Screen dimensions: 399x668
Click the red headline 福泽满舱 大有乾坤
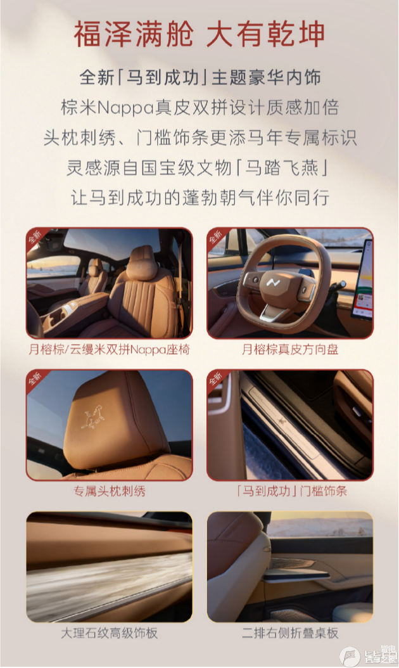[x=199, y=34]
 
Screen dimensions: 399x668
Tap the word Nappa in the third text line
[x=125, y=108]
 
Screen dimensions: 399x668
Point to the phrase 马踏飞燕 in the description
[x=281, y=167]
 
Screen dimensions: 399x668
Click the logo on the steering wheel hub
[x=272, y=283]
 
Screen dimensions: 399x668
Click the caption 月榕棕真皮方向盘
[x=290, y=349]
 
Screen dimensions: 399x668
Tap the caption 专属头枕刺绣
[x=110, y=491]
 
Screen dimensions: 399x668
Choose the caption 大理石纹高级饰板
[x=110, y=633]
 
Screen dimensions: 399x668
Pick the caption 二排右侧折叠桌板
[x=290, y=633]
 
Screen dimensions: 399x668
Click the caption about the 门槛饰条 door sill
[x=292, y=491]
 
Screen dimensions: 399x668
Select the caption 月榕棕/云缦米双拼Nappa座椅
[x=110, y=349]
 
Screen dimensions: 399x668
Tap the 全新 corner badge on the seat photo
[x=35, y=237]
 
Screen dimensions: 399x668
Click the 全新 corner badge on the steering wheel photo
[x=217, y=237]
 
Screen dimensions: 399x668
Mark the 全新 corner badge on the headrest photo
[x=35, y=379]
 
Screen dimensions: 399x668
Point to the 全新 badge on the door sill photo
[x=217, y=379]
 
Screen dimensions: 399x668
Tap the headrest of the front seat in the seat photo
[x=142, y=263]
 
